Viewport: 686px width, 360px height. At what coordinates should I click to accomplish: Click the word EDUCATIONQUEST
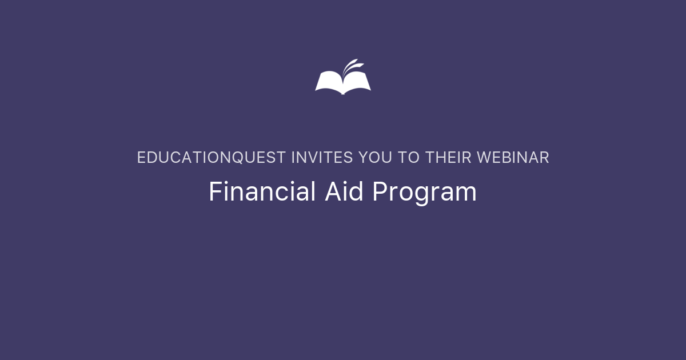pos(212,158)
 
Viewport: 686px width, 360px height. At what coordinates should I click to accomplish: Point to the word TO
pos(409,158)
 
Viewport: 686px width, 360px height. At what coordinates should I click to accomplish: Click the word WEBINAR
pos(513,158)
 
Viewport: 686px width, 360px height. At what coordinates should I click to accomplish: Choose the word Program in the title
pos(424,193)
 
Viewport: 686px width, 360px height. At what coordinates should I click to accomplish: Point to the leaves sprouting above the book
pos(350,65)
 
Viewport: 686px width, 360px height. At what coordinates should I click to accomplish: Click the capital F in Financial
pos(214,192)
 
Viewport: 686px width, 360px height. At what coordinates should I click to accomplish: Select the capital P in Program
pos(378,192)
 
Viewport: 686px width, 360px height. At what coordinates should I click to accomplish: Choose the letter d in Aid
pos(357,192)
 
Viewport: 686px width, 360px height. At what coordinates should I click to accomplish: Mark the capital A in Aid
pos(333,192)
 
